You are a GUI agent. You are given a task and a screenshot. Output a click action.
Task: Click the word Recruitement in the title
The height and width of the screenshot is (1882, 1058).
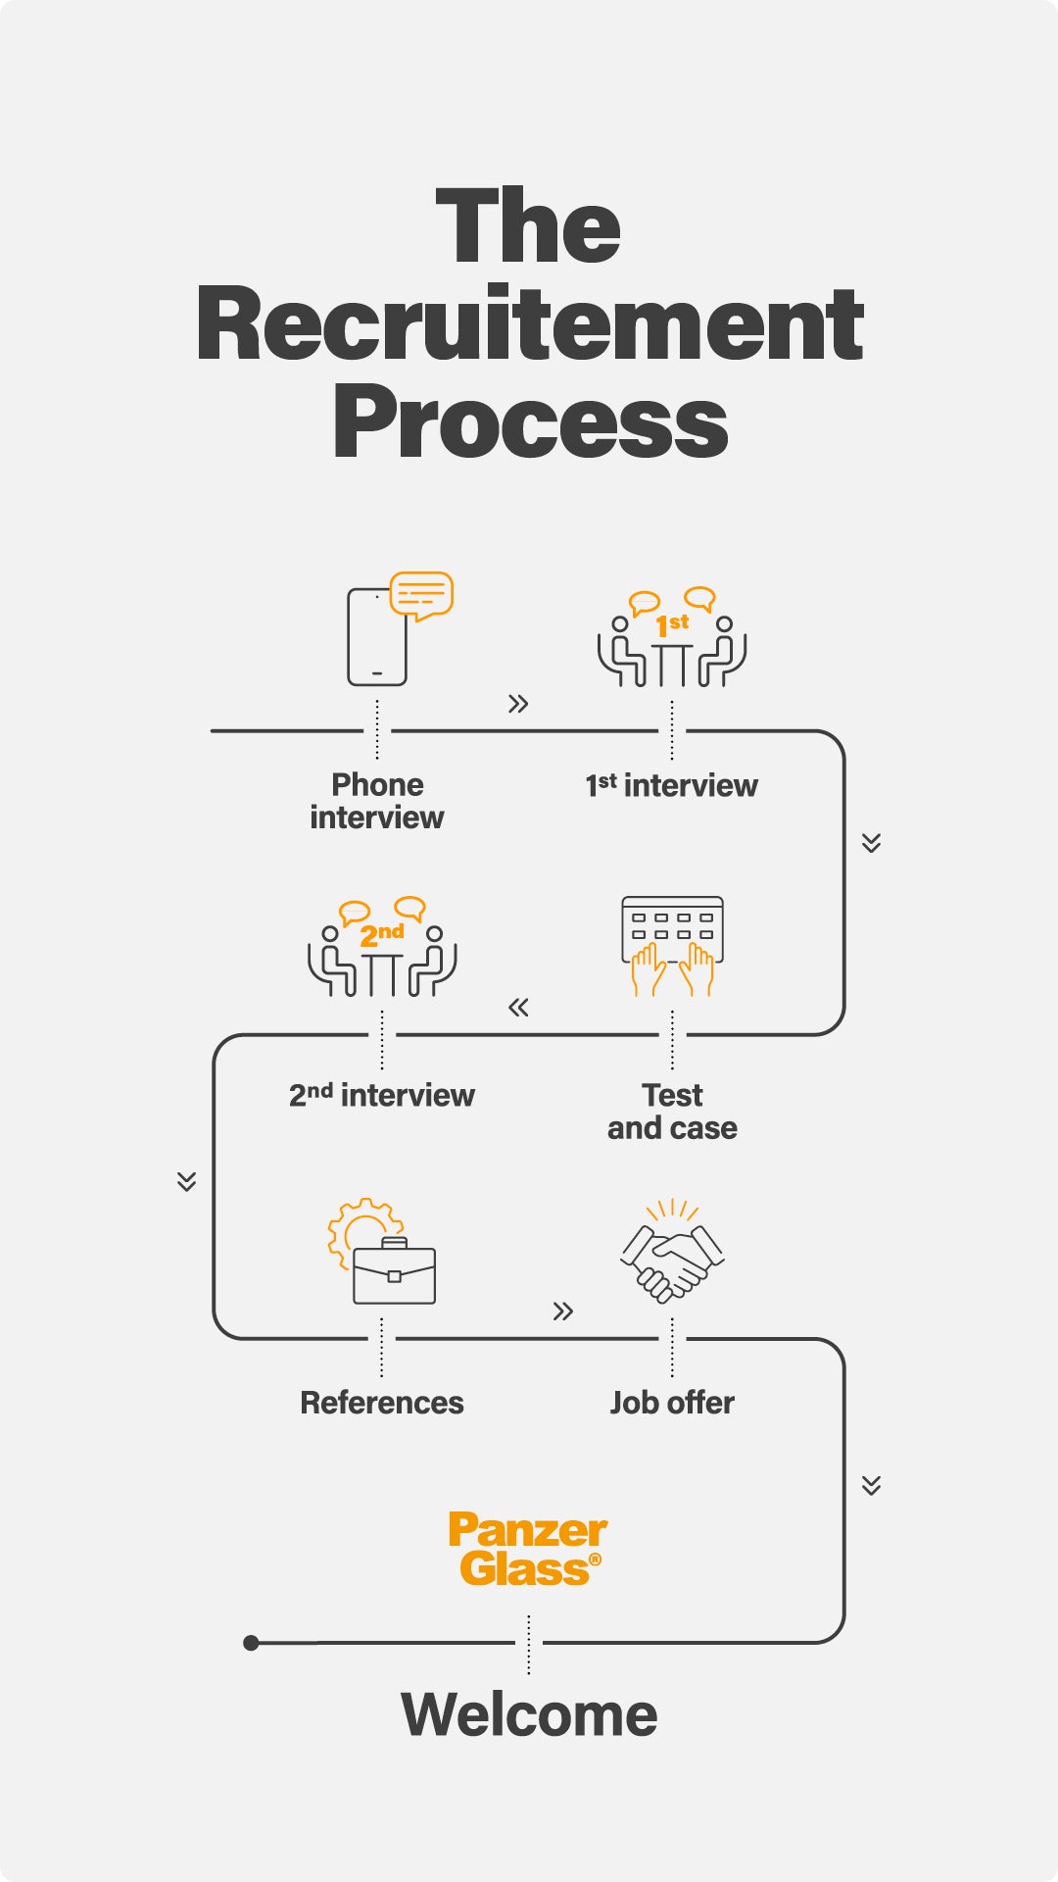(529, 324)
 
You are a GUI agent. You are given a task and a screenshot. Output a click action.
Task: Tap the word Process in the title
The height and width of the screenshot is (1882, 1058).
(529, 423)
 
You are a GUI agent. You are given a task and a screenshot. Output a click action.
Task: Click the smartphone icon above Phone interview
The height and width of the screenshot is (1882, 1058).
(377, 637)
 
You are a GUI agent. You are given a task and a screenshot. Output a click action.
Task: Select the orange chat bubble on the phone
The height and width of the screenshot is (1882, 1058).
(421, 594)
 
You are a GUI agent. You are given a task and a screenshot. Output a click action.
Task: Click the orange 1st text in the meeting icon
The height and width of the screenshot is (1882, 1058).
(672, 624)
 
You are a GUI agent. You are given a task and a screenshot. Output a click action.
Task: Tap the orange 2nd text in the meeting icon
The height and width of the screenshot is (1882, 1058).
(382, 934)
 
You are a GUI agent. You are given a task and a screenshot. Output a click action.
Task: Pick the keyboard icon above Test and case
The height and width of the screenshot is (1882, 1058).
(672, 927)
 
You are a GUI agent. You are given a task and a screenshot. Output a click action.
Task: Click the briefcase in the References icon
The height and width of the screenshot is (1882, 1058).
(394, 1273)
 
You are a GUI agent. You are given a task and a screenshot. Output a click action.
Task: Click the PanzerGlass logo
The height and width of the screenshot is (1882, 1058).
(528, 1549)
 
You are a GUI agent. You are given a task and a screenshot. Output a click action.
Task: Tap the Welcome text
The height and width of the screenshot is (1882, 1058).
(529, 1714)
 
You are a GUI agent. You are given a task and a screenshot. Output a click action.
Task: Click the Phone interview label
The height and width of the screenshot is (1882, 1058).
(377, 801)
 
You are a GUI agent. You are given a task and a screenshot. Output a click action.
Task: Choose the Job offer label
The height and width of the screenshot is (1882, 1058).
(672, 1403)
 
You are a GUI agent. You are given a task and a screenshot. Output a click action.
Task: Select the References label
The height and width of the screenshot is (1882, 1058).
(382, 1403)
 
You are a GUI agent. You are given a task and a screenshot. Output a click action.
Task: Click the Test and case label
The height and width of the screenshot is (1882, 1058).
(672, 1112)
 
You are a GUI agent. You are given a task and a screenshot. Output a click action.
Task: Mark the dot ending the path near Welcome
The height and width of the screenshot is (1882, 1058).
(252, 1643)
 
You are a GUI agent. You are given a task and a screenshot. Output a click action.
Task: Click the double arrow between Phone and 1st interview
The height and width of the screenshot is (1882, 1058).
(518, 704)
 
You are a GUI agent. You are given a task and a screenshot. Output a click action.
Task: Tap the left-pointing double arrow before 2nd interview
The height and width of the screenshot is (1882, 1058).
(518, 1008)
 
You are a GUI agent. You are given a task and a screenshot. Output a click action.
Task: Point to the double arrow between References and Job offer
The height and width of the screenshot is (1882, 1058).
(562, 1312)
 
